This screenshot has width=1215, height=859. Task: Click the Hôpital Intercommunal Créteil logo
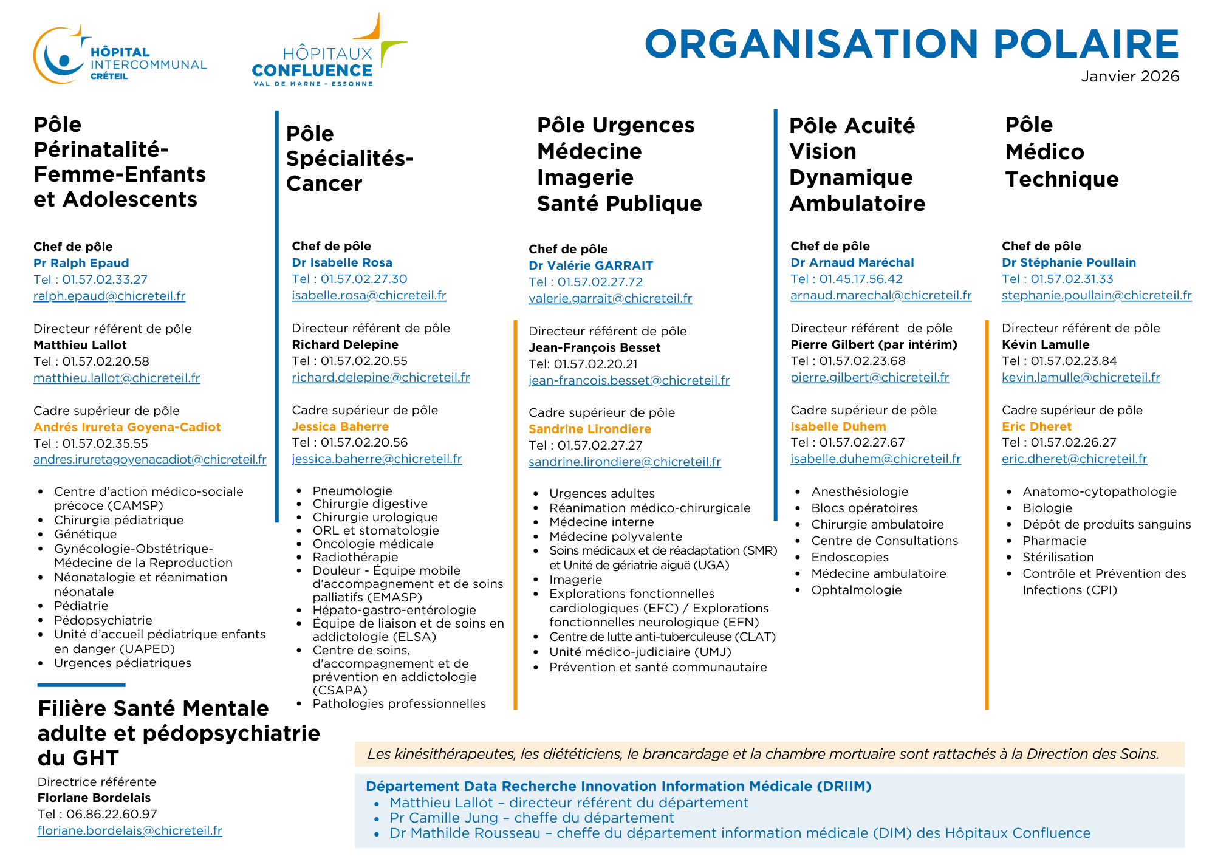(120, 56)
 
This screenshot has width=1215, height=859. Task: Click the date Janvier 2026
(1129, 77)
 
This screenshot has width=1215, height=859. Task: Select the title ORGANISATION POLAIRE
(911, 44)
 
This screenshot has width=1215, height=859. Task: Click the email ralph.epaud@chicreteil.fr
(109, 296)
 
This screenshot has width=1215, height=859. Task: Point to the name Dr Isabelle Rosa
(342, 262)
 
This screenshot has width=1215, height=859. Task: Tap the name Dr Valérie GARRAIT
(590, 265)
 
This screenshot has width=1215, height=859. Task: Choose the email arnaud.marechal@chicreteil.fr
(881, 295)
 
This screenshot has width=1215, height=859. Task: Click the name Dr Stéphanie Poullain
(1069, 262)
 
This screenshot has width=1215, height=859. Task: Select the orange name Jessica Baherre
(340, 426)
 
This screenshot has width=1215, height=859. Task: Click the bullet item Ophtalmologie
(856, 590)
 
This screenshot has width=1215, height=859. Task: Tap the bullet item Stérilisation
(1058, 557)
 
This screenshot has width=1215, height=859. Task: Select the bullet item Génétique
(85, 534)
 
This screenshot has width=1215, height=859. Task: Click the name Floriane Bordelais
(94, 798)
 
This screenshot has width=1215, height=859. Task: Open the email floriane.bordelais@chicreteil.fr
(130, 830)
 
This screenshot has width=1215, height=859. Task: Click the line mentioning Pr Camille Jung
(532, 818)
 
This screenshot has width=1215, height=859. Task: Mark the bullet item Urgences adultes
(602, 493)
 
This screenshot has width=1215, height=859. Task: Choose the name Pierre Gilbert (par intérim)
(874, 344)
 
